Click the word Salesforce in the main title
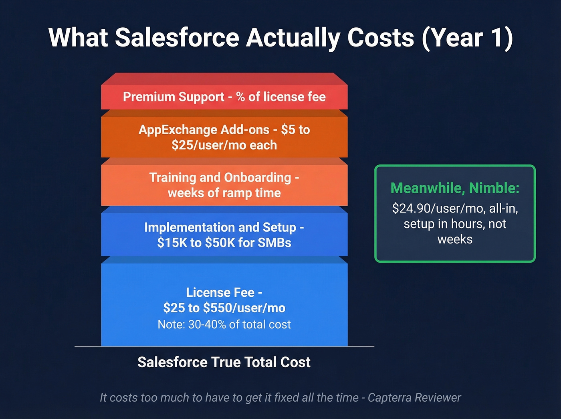(x=177, y=38)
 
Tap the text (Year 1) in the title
(x=467, y=38)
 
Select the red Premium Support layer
(x=224, y=97)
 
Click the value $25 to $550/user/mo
(x=224, y=308)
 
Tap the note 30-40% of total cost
(x=224, y=324)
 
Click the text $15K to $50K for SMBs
(x=224, y=243)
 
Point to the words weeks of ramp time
(x=224, y=193)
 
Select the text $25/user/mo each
(x=224, y=145)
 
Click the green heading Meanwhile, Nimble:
(x=455, y=188)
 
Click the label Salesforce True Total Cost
(x=224, y=362)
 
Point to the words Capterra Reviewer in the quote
(x=414, y=398)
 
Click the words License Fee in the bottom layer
(x=220, y=292)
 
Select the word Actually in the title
(x=293, y=38)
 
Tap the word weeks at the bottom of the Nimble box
(x=455, y=239)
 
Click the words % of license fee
(x=280, y=97)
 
